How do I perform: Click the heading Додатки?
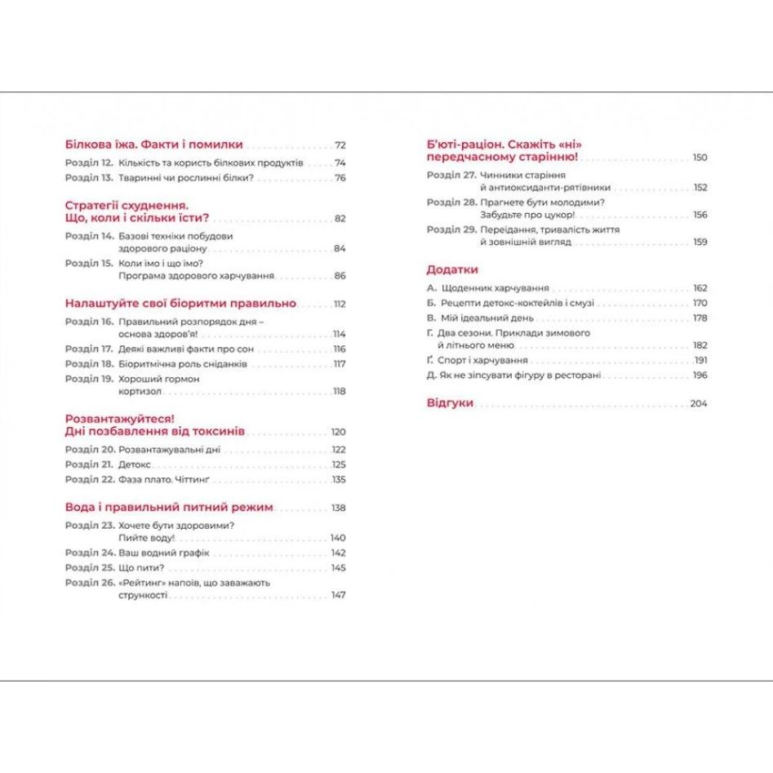click(452, 269)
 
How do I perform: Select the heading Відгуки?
click(450, 403)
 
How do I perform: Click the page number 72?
click(340, 144)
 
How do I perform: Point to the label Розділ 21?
click(89, 464)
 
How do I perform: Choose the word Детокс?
click(135, 464)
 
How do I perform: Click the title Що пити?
click(141, 567)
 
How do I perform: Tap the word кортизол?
click(140, 392)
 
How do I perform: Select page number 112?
click(339, 304)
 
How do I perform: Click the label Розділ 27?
click(451, 175)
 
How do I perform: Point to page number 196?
click(700, 375)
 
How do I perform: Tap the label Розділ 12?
click(89, 163)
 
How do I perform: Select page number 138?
click(339, 508)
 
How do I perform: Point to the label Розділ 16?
click(89, 322)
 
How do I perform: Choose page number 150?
click(700, 158)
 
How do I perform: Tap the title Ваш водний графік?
click(164, 553)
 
